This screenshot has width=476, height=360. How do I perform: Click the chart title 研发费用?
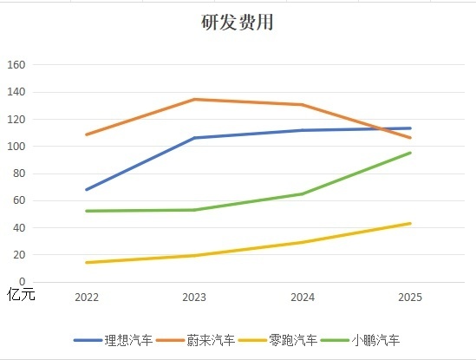[x=237, y=23]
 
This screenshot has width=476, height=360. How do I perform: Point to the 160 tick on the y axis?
[x=17, y=65]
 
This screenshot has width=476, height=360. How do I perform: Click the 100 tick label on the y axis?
[x=17, y=147]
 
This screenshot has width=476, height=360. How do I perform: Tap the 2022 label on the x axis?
[x=87, y=298]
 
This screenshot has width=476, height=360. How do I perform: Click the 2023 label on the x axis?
[x=194, y=298]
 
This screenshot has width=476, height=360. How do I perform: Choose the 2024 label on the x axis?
[x=302, y=298]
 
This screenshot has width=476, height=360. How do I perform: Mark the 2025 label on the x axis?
[x=410, y=298]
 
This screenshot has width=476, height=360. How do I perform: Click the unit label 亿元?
[x=21, y=293]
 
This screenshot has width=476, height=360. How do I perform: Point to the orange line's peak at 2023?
[x=194, y=99]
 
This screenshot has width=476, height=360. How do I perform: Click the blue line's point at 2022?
[x=87, y=189]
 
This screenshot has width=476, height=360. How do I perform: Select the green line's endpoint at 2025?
[x=410, y=153]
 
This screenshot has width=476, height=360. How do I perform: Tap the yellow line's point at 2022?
[x=87, y=262]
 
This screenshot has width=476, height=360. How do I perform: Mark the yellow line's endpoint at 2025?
[x=410, y=224]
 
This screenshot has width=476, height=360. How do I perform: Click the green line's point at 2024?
[x=302, y=193]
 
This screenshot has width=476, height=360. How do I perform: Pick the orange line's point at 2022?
[x=87, y=134]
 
